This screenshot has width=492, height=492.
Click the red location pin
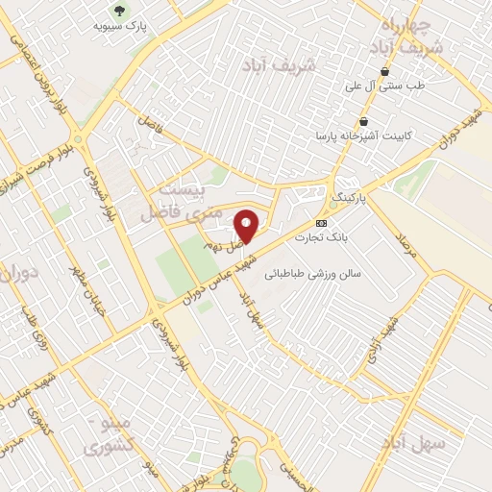247,226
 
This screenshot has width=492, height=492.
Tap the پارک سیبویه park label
118,27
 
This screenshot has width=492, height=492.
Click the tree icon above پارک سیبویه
118,11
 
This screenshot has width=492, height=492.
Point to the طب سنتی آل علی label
385,86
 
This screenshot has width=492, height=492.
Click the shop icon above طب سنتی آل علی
385,71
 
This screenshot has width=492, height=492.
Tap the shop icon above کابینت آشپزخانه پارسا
364,121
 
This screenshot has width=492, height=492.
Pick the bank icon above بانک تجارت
320,221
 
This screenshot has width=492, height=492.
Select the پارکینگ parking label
350,195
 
